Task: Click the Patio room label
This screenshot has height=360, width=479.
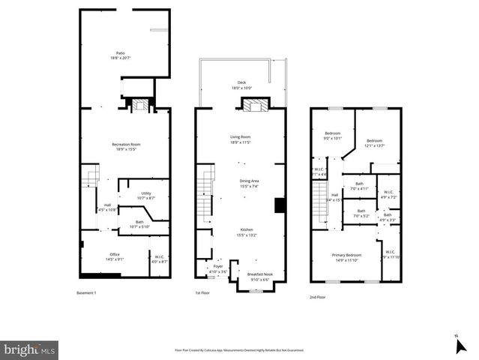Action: (x=120, y=55)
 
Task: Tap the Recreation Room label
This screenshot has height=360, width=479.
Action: (x=125, y=146)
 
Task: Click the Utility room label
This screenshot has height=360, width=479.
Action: (x=146, y=195)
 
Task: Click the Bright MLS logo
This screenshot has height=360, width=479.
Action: (x=30, y=349)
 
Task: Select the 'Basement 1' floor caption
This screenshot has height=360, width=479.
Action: (x=88, y=292)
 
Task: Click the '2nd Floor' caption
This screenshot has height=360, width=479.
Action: (x=318, y=297)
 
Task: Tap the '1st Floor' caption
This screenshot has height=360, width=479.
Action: (x=202, y=292)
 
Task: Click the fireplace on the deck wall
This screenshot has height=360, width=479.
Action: (x=253, y=105)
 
